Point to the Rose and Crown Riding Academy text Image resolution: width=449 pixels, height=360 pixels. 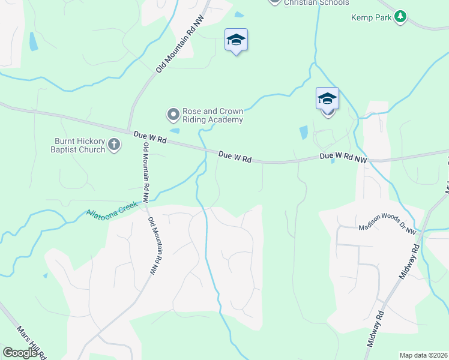213,115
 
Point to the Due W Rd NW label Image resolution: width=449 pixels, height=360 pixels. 343,157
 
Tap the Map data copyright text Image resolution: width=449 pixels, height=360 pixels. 424,355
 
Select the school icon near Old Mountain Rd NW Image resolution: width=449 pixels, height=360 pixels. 236,40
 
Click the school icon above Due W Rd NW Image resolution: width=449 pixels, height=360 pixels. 328,98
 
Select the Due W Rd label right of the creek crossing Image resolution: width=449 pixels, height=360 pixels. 235,157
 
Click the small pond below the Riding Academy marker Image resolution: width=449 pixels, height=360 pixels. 175,130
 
